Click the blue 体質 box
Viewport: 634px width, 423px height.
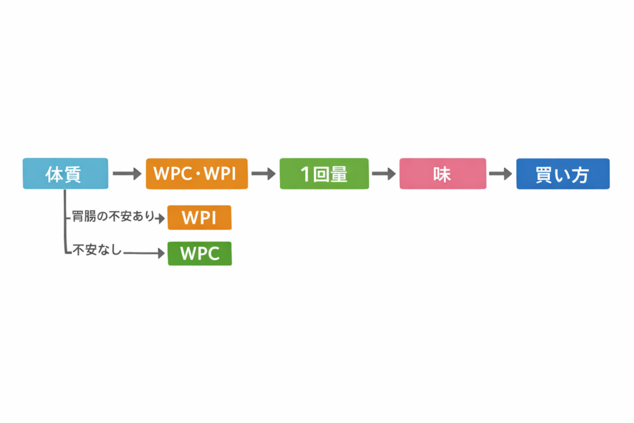(x=65, y=173)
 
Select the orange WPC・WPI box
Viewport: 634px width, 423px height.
(x=197, y=173)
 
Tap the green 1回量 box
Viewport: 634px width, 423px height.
(x=324, y=173)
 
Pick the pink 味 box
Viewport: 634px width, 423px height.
(x=442, y=173)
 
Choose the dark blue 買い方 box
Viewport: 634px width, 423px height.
(x=563, y=173)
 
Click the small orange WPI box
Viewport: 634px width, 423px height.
(x=199, y=217)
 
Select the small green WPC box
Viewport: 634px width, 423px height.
(x=199, y=253)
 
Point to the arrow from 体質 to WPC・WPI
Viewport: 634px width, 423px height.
(x=127, y=174)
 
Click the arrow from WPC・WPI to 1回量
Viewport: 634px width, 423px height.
(x=263, y=174)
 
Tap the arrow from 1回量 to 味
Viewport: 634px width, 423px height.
(x=383, y=174)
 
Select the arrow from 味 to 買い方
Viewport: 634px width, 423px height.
(x=500, y=174)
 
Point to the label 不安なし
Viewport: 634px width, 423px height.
(x=97, y=251)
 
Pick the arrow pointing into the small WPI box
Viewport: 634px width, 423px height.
(x=162, y=218)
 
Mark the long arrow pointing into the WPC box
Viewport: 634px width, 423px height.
(x=144, y=253)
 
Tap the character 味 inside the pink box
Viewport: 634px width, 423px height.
(x=442, y=174)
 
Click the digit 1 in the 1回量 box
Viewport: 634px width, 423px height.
(x=305, y=175)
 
